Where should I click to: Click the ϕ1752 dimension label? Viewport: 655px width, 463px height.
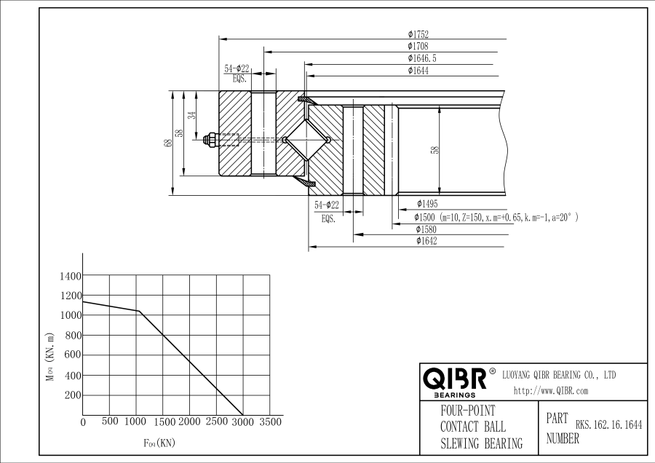(418, 34)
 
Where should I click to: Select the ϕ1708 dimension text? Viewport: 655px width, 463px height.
(418, 46)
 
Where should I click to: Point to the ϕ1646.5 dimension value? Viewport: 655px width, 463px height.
(422, 58)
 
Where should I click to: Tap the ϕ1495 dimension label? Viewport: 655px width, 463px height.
(427, 204)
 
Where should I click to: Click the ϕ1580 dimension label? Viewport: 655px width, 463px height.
(426, 229)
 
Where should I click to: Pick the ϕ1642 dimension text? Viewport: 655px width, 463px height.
(426, 241)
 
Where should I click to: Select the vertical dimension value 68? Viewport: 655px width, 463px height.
(169, 143)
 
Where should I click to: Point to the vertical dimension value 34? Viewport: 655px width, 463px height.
(191, 114)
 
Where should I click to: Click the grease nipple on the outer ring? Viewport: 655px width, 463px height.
(210, 140)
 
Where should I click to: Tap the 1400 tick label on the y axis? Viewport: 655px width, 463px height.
(71, 276)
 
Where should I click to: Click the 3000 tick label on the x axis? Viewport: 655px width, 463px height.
(243, 422)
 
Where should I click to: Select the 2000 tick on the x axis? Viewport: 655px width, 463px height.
(189, 422)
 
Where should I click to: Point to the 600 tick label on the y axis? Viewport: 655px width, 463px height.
(73, 355)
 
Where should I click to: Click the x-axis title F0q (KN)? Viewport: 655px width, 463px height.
(159, 443)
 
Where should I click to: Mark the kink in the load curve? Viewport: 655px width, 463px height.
(139, 311)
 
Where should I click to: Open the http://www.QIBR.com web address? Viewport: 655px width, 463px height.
(551, 391)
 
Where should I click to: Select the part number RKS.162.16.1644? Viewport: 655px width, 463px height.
(608, 425)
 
